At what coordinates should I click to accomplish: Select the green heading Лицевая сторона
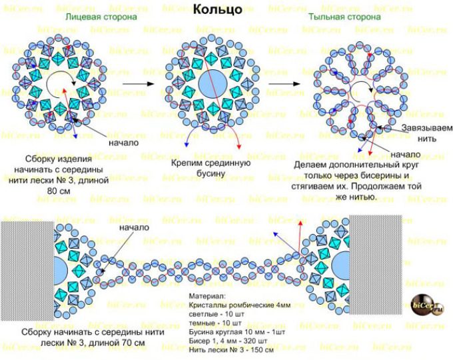pos(101,17)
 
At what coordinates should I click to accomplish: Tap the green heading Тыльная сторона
pos(344,17)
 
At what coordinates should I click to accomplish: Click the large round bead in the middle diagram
pos(213,84)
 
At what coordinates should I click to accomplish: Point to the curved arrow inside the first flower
pos(59,84)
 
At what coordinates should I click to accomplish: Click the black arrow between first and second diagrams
pos(139,84)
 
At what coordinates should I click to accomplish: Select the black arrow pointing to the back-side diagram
pos(284,84)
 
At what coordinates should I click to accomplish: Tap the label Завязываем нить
pos(427,133)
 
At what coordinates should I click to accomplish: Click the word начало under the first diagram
pos(124,143)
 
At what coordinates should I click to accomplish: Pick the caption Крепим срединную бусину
pos(211,168)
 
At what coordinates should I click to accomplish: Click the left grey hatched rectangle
pos(27,271)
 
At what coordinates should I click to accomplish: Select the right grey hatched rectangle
pos(375,265)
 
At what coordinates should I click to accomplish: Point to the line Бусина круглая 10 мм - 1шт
pos(237,332)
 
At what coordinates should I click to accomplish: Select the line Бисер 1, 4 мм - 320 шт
pos(228,341)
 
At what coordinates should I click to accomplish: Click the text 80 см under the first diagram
pos(59,191)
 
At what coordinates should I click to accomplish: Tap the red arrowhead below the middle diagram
pos(238,147)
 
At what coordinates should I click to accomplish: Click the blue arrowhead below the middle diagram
pos(187,144)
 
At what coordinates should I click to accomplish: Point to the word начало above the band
pos(135,227)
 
